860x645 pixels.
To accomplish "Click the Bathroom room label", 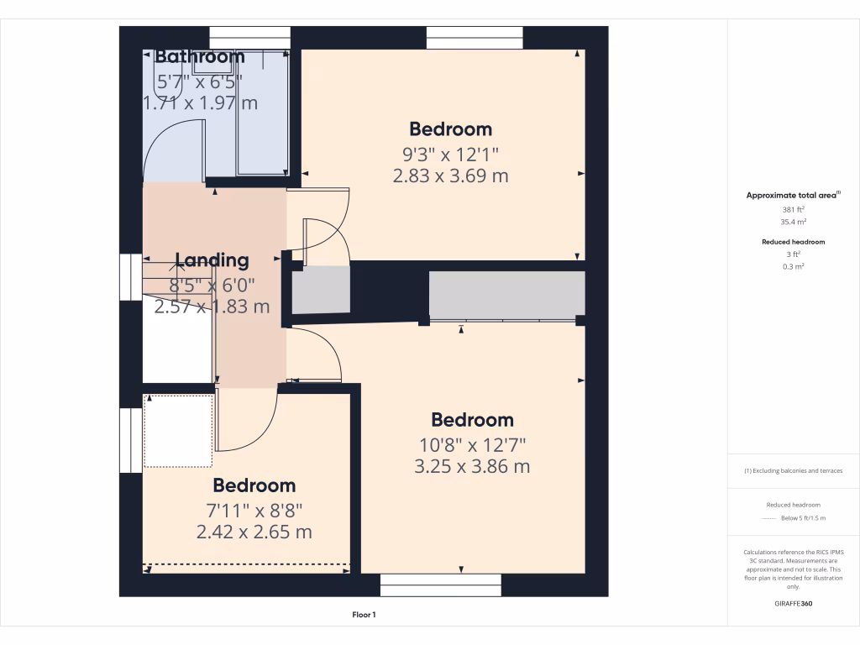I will (200, 57).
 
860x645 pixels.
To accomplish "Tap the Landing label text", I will (212, 260).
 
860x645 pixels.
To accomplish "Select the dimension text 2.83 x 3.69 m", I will (450, 176).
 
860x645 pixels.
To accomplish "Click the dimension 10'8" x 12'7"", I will (472, 444).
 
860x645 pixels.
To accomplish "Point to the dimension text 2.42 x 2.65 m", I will (254, 532).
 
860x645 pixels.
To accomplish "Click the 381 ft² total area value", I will (794, 209).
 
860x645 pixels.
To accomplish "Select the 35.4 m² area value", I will (794, 223).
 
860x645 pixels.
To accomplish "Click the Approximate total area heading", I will (793, 195).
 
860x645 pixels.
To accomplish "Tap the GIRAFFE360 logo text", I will (794, 604).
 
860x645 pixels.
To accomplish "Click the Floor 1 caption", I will (364, 616).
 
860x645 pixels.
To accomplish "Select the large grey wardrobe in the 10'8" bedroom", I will (506, 295).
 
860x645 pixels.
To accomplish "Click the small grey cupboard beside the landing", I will (320, 291).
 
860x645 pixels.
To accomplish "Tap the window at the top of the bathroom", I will (249, 38).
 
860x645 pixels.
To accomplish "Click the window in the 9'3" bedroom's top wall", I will (475, 38).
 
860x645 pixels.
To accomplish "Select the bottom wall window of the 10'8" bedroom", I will (441, 585).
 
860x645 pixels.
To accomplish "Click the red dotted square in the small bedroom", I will (178, 431).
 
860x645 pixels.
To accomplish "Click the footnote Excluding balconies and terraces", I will (794, 471).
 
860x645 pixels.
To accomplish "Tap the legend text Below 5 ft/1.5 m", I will (802, 519).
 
